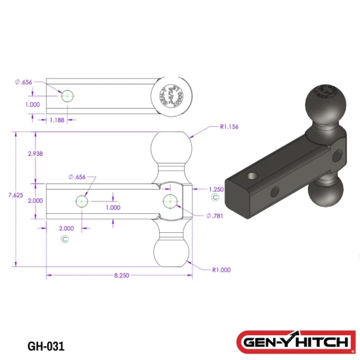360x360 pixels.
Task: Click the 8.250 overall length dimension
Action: [x=122, y=276]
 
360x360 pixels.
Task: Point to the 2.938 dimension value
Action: [x=37, y=153]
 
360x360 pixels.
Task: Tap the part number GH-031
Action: [x=46, y=344]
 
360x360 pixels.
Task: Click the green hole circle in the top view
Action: [x=68, y=96]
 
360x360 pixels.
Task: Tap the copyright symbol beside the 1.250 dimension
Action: [x=215, y=197]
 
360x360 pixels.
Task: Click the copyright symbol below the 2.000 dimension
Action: [x=65, y=239]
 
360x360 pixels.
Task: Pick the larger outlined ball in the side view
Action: [x=173, y=151]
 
